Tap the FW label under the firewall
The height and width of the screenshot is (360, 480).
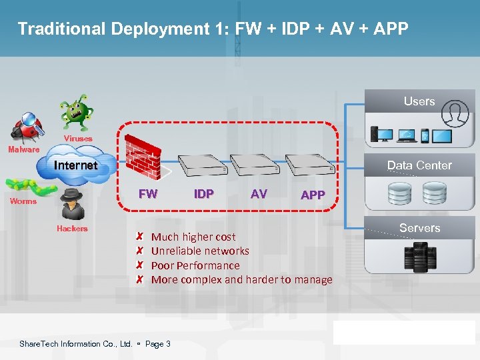[147, 194]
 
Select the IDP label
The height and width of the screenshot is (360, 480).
[203, 194]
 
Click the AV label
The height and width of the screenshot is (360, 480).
[259, 194]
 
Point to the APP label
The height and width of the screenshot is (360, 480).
[313, 195]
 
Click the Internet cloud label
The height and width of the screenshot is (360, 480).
[75, 165]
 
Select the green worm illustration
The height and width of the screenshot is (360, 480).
[28, 186]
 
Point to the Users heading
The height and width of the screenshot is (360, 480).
[419, 101]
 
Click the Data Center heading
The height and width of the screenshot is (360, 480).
[419, 165]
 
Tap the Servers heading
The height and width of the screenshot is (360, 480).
[419, 228]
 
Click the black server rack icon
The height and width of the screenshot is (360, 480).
[420, 257]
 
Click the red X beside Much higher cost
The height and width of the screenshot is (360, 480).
[139, 237]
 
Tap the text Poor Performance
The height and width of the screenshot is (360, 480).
[195, 265]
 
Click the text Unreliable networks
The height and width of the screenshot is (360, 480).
[200, 251]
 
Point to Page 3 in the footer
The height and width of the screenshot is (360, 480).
[158, 344]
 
